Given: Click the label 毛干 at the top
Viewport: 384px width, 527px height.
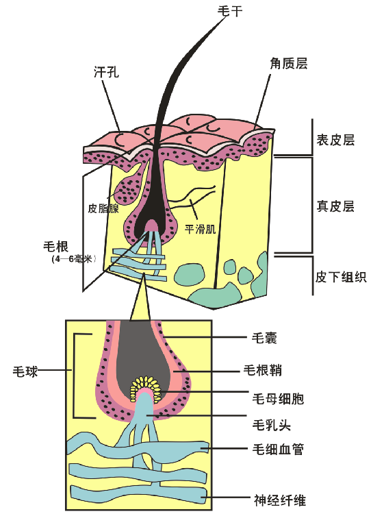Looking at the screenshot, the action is pos(230,11).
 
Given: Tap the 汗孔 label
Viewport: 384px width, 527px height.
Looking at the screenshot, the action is pos(107,71).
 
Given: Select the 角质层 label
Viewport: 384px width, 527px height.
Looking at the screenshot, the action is pos(289,63).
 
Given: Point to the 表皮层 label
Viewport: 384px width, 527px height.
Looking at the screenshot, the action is pos(335,140).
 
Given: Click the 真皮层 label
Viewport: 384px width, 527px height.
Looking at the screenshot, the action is pos(335,206).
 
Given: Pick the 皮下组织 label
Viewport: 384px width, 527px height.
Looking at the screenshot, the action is pos(341,277).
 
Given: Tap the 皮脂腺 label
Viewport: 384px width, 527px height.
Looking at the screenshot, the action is pos(103,208).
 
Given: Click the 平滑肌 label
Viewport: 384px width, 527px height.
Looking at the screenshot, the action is pos(200,229).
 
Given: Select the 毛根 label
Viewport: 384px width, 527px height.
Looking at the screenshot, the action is pos(55,246).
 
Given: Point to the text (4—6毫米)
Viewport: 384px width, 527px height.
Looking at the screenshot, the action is pos(74,259).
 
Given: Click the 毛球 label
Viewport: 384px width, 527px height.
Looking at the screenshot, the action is pos(25,371).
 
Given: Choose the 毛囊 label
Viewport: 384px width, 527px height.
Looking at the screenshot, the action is pos(264,337).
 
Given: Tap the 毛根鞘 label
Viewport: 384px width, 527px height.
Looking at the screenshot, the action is pos(262,370).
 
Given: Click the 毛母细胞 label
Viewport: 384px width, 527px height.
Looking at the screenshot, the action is pos(278,399).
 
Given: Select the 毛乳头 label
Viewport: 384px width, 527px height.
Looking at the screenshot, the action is pos(271,425).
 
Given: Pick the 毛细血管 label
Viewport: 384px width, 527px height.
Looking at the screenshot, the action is pos(278,449).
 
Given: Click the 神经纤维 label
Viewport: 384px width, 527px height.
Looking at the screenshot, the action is pos(279,500).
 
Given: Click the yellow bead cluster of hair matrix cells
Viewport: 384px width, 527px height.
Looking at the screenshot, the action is pos(146,387).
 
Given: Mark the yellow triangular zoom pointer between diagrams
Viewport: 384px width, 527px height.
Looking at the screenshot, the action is pos(140,302).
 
